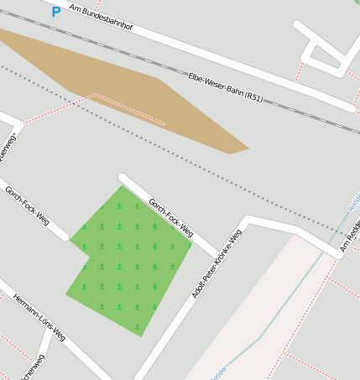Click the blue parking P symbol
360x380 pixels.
[55, 12]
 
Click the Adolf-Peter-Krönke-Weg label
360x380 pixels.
[217, 263]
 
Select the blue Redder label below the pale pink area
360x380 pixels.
[218, 374]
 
